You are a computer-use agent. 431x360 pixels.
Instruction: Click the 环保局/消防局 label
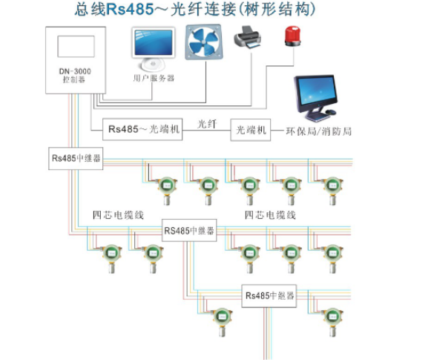pos(318,131)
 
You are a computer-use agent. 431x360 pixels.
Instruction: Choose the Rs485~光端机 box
pos(143,129)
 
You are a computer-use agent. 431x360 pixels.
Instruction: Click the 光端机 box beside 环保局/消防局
pos(251,129)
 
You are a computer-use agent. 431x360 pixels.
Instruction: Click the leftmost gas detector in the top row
pos(167,189)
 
